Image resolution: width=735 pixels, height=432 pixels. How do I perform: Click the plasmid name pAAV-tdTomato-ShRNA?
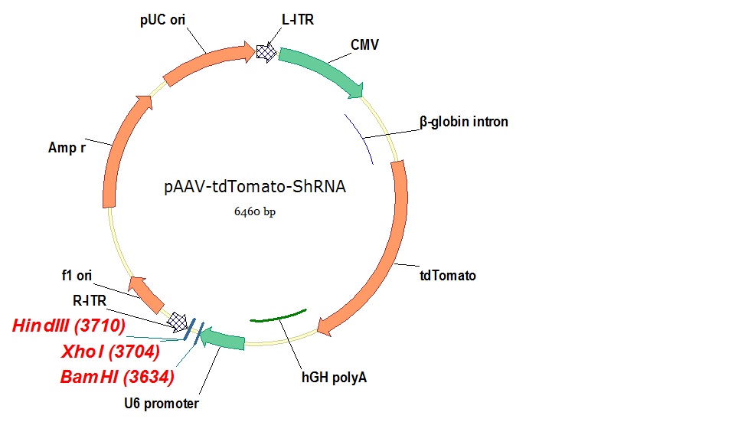[x=255, y=188]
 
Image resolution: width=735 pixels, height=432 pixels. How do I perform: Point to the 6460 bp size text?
[x=255, y=212]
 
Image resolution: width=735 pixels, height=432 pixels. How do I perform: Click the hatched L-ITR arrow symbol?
[x=266, y=52]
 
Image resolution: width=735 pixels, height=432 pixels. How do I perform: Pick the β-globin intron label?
[x=463, y=122]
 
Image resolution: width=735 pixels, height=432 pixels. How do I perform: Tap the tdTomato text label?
[x=447, y=275]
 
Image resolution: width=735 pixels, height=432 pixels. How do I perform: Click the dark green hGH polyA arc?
[x=279, y=316]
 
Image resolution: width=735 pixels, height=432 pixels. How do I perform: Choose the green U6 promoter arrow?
[x=223, y=339]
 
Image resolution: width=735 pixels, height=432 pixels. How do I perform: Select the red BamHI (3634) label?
[x=116, y=377]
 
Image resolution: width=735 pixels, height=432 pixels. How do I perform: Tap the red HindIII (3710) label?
[x=69, y=326]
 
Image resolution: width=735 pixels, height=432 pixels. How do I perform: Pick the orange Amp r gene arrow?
[x=119, y=152]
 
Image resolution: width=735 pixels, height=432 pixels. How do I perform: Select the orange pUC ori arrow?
[x=211, y=62]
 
